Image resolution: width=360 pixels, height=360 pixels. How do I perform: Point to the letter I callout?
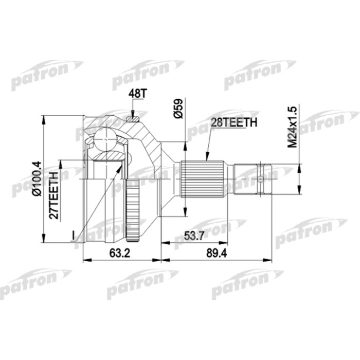click(74, 235)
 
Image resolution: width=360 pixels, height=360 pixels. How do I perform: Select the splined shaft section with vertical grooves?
click(203, 179)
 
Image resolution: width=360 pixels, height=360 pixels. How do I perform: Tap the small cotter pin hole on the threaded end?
click(260, 179)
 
